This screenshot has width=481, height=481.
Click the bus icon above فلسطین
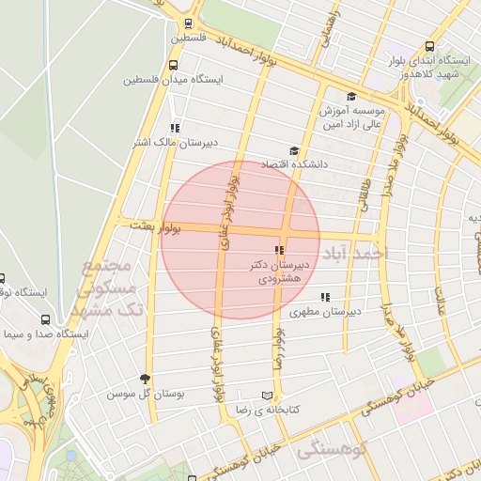click(x=189, y=24)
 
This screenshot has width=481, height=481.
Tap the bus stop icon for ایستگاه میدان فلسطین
click(x=173, y=66)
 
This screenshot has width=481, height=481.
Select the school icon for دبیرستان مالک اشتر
click(x=174, y=128)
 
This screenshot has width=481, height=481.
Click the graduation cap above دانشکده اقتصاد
click(x=293, y=150)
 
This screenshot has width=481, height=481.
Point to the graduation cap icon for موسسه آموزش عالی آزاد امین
click(x=351, y=96)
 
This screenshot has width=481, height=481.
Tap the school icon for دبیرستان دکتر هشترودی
click(x=278, y=250)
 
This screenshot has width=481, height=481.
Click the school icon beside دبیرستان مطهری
click(x=324, y=297)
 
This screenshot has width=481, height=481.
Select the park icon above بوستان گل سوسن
click(x=145, y=379)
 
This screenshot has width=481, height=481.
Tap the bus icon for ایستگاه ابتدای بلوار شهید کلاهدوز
click(x=429, y=46)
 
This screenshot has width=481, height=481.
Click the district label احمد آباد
click(x=354, y=254)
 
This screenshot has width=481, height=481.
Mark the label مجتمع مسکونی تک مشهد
click(x=107, y=287)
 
